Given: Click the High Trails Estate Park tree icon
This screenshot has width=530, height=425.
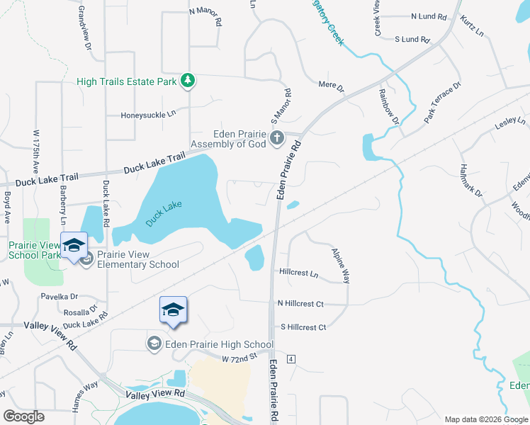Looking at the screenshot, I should [x=188, y=81].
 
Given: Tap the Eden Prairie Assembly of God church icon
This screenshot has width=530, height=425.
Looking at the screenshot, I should [x=277, y=137].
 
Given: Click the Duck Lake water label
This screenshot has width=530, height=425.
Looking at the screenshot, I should [x=164, y=213].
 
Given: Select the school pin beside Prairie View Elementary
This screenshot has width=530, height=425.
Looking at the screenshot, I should [x=74, y=246].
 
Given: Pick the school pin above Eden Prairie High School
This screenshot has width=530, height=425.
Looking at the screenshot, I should [x=173, y=310].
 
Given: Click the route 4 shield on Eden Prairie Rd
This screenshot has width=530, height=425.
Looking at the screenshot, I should [x=291, y=359].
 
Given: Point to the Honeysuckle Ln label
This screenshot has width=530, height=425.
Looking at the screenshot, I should [x=147, y=114].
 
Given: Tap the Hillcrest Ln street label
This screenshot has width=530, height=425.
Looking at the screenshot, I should [x=298, y=272].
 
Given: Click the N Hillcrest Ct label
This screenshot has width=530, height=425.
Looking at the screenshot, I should [x=300, y=303].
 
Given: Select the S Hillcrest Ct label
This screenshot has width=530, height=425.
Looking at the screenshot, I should [x=303, y=327].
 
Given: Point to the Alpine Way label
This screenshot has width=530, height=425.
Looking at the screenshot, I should [x=342, y=266].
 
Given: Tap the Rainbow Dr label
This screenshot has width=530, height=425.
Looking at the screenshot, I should [x=389, y=106].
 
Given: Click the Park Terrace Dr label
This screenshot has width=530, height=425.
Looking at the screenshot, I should [x=443, y=103].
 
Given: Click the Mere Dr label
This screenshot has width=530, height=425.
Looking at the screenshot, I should [x=331, y=87].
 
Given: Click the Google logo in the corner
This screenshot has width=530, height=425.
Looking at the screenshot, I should [x=24, y=416].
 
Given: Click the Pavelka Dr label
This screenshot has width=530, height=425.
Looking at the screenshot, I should [x=59, y=297].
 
